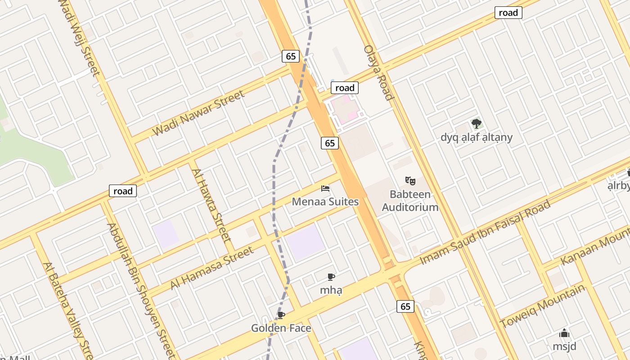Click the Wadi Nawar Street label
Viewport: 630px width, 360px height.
point(199,113)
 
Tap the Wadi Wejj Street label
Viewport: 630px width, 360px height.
point(80,38)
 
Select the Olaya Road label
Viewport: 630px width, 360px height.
point(378,72)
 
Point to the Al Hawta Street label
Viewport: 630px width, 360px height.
point(211,205)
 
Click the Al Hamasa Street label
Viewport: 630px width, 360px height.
point(212,268)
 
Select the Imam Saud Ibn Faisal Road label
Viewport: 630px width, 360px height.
point(485,233)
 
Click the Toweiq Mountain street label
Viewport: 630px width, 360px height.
point(543,306)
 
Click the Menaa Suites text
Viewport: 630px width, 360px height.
point(325,202)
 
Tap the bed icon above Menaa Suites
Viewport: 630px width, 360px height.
point(325,188)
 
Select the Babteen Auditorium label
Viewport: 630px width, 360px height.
point(410,201)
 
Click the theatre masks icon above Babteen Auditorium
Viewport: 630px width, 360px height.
point(410,181)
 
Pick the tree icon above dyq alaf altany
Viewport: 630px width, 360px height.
point(476,123)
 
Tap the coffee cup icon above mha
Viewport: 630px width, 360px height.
point(331,277)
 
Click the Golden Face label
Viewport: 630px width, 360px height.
point(281,328)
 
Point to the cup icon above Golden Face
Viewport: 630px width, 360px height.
point(281,315)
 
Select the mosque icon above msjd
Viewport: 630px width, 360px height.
point(564,333)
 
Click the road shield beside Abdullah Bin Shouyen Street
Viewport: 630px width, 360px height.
point(123,191)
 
